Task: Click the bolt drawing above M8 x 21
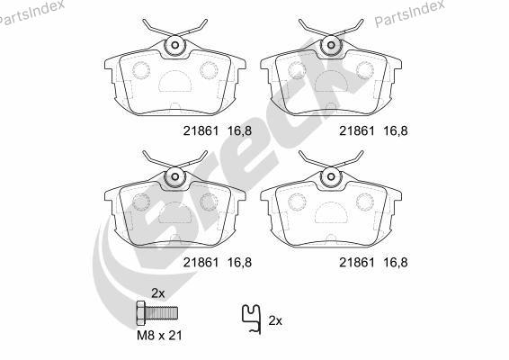pyautogui.click(x=157, y=313)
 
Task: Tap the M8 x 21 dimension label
pyautogui.click(x=159, y=336)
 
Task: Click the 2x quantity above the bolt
pyautogui.click(x=158, y=293)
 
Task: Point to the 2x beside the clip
pyautogui.click(x=275, y=321)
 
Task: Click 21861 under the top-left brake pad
pyautogui.click(x=201, y=130)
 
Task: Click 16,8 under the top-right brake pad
pyautogui.click(x=396, y=130)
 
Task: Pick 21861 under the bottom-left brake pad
pyautogui.click(x=201, y=263)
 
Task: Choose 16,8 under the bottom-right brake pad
pyautogui.click(x=396, y=263)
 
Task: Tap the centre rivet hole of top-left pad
pyautogui.click(x=175, y=45)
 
